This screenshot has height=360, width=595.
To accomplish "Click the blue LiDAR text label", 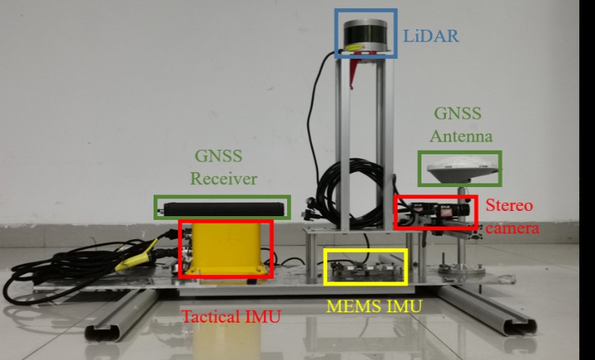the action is tap(431, 36).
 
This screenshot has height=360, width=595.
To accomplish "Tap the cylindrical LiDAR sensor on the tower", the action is tap(365, 36).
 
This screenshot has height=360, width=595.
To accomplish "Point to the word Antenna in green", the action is tap(461, 136).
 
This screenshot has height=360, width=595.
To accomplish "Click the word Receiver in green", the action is tap(224, 179).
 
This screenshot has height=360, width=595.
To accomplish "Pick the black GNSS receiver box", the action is tap(224, 209).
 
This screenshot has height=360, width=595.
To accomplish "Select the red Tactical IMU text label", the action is tap(231, 316).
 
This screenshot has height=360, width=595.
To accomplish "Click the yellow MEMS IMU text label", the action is tap(374, 306).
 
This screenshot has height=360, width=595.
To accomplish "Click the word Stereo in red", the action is tap(509, 206).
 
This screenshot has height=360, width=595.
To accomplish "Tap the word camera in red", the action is tap(512, 228).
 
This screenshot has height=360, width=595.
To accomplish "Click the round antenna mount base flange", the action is tap(462, 269).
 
